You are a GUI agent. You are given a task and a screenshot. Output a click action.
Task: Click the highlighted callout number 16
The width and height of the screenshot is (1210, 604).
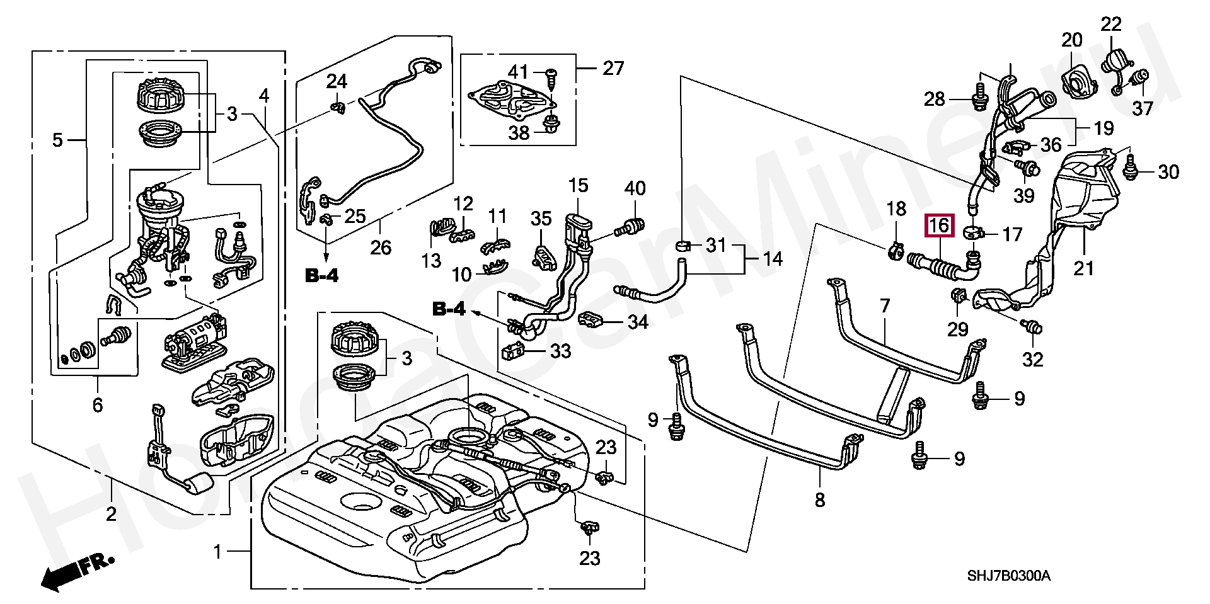click(939, 225)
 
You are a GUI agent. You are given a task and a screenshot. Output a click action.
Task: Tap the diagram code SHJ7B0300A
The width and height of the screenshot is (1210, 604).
click(1009, 576)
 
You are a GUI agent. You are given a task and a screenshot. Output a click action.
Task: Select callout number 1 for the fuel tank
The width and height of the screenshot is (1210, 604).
click(218, 552)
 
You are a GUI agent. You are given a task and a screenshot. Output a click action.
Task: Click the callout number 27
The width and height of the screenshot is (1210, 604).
click(613, 68)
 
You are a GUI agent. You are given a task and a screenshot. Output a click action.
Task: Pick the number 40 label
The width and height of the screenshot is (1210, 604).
click(635, 188)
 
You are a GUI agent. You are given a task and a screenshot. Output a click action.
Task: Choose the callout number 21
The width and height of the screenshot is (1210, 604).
click(1083, 268)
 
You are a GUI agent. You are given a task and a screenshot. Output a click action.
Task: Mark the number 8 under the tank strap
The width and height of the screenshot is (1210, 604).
click(819, 500)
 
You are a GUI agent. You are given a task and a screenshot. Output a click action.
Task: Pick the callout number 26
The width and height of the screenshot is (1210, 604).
click(381, 248)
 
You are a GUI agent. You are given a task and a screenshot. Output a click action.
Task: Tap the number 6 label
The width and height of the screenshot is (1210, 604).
click(97, 404)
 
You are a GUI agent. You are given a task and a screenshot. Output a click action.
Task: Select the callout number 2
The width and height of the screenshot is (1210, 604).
click(111, 514)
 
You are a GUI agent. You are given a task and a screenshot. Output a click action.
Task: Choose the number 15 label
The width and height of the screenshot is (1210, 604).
click(578, 186)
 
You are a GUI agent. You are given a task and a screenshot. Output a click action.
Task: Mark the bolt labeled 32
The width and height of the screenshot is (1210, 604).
click(1033, 328)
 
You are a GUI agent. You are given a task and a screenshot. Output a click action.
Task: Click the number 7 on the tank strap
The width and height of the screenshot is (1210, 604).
click(885, 307)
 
